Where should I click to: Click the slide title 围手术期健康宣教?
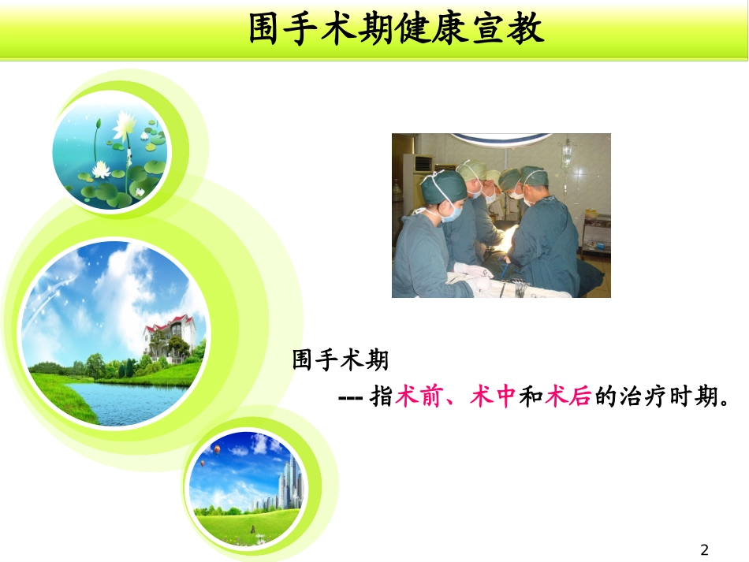[x=397, y=31]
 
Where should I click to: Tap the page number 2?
[x=705, y=549]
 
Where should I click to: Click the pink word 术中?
[x=493, y=398]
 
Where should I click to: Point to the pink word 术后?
[x=568, y=398]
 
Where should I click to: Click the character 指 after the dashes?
[x=382, y=398]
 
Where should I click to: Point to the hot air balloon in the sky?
[x=216, y=449]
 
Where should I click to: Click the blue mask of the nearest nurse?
[x=451, y=210]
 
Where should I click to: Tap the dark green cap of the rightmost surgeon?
[x=533, y=176]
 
